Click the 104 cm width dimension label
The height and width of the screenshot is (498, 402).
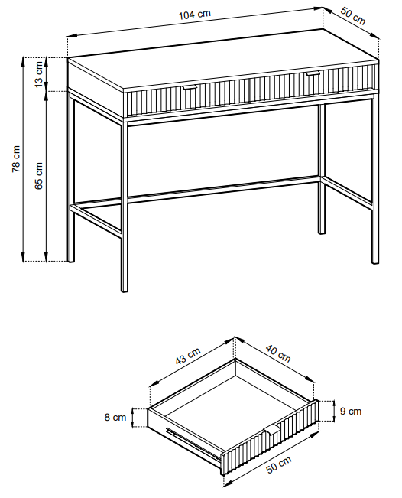point(194,15)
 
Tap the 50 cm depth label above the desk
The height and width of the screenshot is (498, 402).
point(353,15)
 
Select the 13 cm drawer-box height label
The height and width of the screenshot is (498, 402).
point(38,74)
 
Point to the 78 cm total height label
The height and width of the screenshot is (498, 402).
point(16,159)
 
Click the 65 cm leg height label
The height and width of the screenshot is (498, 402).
point(38,176)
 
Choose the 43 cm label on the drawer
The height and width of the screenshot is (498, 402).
point(188,356)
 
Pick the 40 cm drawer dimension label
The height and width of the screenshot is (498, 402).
point(278,353)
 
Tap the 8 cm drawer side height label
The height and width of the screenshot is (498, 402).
point(115,417)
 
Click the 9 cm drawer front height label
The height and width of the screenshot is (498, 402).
point(351,412)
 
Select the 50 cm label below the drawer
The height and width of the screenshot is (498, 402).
point(279,465)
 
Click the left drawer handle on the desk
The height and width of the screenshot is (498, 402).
point(190,88)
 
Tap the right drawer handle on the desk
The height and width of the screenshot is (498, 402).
point(313,74)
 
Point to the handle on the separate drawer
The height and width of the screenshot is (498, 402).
point(272,429)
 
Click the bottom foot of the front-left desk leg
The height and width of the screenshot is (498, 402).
point(125,289)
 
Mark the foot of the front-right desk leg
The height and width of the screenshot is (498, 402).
point(375,261)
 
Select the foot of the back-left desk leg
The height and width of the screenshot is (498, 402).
point(71,260)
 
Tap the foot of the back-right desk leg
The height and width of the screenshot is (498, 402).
point(322,232)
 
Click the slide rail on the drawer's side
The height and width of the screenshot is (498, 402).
point(193,444)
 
